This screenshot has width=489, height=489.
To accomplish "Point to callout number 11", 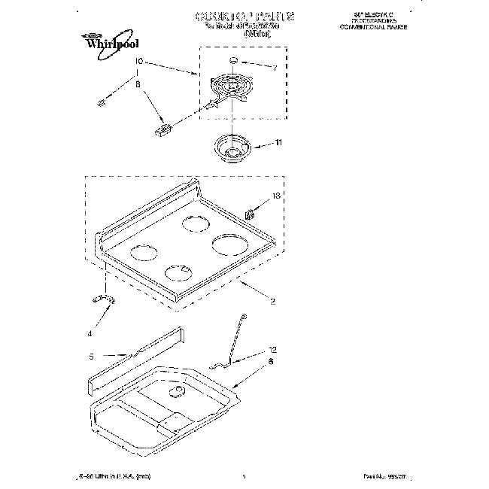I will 279,142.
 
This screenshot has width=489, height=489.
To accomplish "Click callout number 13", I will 275,196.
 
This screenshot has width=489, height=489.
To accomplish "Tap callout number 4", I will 90,333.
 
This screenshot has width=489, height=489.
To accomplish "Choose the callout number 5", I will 92,357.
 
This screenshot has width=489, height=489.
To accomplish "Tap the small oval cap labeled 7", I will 233,59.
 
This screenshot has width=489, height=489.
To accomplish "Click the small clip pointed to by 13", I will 251,213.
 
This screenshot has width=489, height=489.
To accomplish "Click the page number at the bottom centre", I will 244,476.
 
